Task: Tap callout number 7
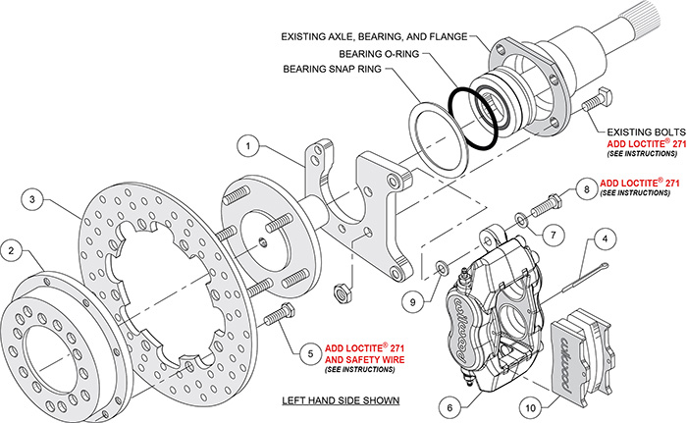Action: pyautogui.click(x=555, y=235)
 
